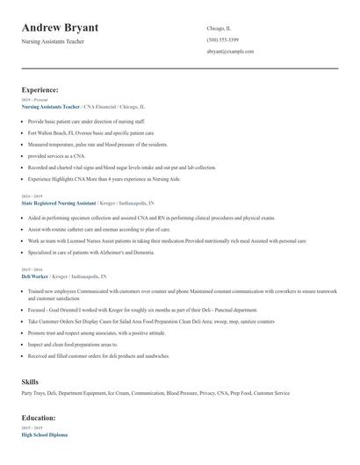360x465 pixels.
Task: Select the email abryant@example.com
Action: tap(230, 52)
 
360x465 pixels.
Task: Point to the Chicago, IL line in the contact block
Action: tap(219, 28)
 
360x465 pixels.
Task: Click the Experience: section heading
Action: tap(40, 89)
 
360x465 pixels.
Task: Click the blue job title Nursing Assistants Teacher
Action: tap(56, 106)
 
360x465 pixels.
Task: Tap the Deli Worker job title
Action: tap(36, 276)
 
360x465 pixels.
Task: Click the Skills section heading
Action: tap(30, 383)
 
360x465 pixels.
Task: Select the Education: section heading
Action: tap(39, 418)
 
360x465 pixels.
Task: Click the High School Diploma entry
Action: tap(44, 435)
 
